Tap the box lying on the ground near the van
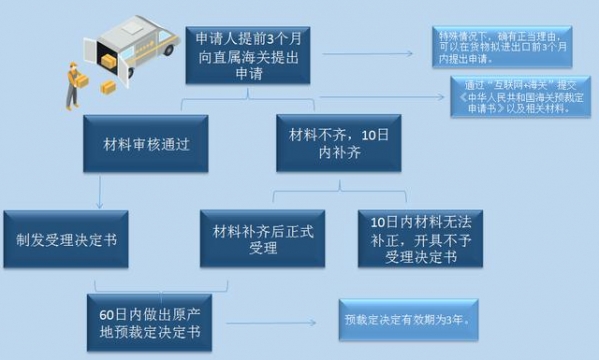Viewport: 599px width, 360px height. (x=108, y=88)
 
